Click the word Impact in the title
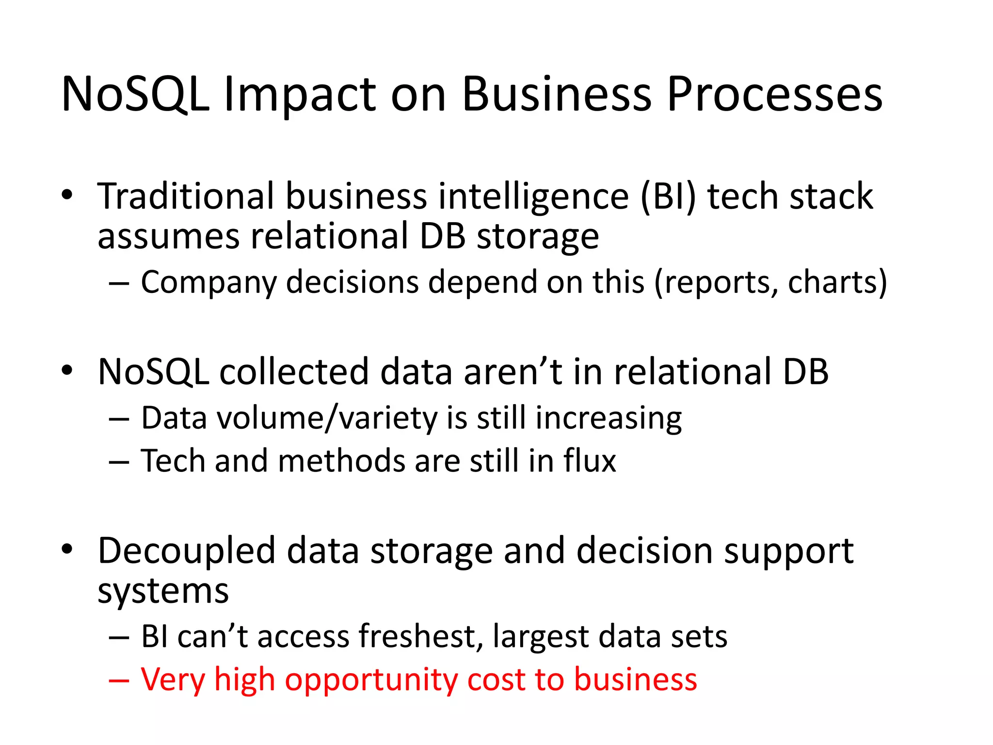click(300, 95)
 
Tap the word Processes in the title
click(774, 95)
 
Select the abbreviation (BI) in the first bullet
click(668, 196)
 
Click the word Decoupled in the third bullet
click(187, 551)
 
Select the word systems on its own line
click(163, 592)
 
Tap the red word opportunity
click(371, 680)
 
